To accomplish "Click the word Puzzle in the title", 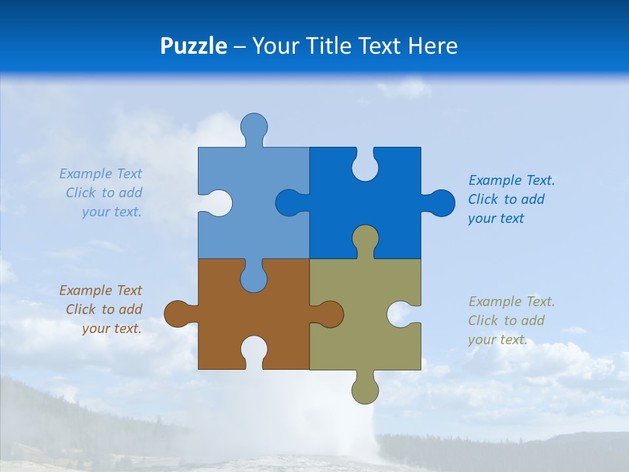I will tap(194, 46).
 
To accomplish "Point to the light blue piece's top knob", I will tap(254, 127).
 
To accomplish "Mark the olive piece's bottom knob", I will tap(365, 389).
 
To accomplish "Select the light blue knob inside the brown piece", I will tap(254, 278).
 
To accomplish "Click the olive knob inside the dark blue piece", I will tap(365, 239).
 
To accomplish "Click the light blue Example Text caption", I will tap(101, 193).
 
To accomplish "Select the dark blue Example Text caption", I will tap(511, 199).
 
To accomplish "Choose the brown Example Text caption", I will tap(101, 309).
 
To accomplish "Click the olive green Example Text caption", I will tap(511, 321).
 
